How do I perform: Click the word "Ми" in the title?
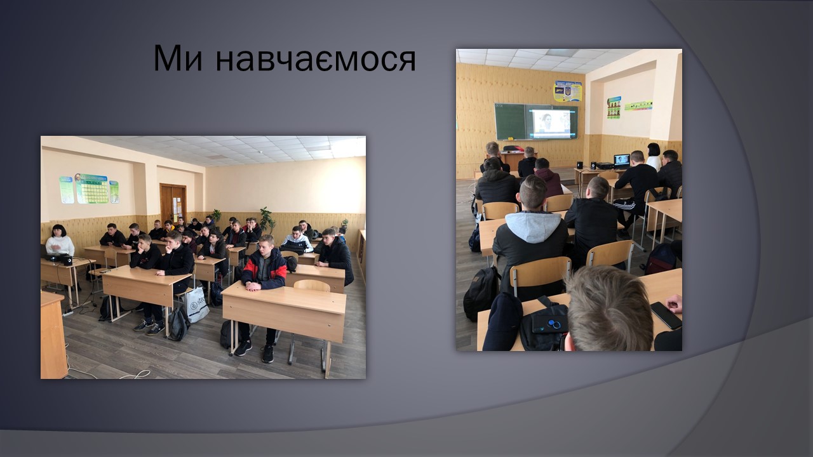(x=177, y=58)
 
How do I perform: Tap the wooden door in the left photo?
(x=173, y=204)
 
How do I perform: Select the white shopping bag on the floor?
(x=197, y=304)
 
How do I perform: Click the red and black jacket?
(x=265, y=268)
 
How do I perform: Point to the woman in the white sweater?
(x=60, y=241)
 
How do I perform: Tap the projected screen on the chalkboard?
(x=551, y=123)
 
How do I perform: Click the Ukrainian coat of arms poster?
(x=568, y=91)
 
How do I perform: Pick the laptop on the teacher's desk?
(x=622, y=161)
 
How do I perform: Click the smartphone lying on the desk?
(x=666, y=315)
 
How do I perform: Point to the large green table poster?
(x=92, y=189)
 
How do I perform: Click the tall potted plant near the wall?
(x=267, y=220)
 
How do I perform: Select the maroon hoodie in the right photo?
(x=548, y=181)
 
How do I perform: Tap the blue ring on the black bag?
(x=552, y=323)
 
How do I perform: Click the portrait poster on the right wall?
(x=614, y=107)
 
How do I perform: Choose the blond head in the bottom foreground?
(x=609, y=308)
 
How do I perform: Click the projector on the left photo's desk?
(x=57, y=258)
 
